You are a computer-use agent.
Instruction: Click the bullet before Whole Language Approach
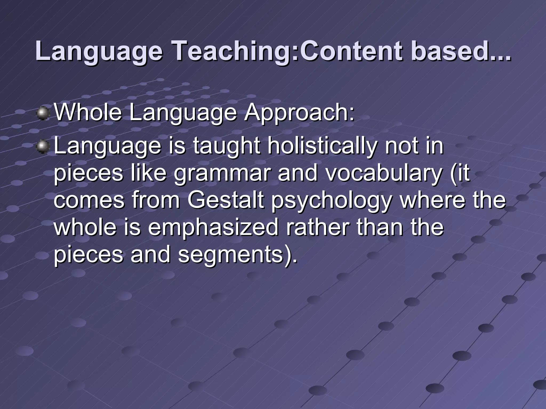pos(43,114)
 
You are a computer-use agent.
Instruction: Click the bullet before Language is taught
pos(43,147)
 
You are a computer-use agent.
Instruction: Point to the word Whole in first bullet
pos(88,112)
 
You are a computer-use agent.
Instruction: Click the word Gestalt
pos(226,200)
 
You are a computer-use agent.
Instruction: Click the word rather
pos(318,227)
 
